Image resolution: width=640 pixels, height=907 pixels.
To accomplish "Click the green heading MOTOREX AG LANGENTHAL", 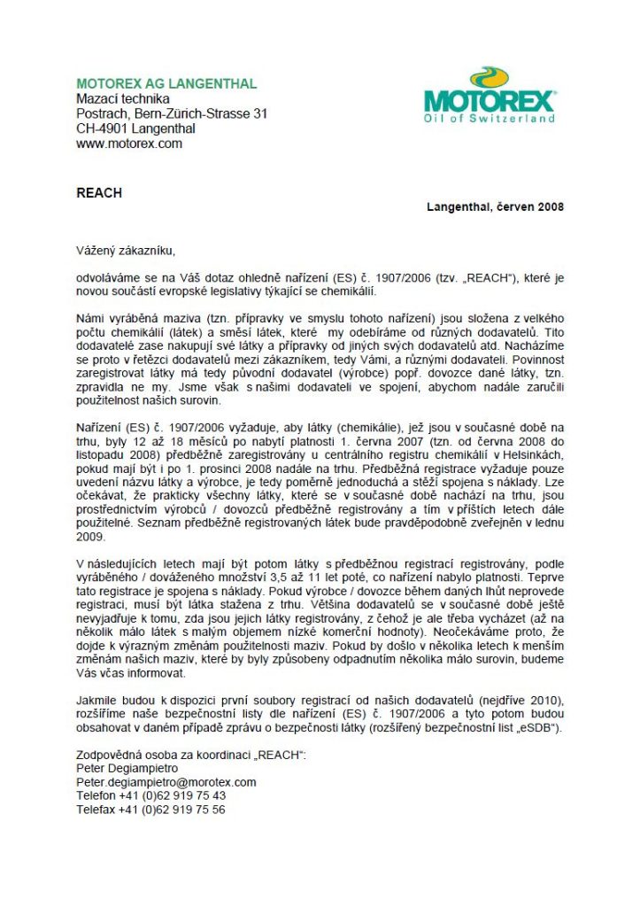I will (x=166, y=84).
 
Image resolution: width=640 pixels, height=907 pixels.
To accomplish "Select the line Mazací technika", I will (x=123, y=99).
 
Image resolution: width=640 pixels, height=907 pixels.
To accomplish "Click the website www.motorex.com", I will (x=129, y=143).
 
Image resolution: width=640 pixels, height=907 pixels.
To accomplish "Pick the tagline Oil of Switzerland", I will (x=490, y=118).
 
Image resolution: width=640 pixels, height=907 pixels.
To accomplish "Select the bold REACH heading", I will (x=98, y=192).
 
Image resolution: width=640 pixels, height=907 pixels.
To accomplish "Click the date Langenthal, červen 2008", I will (x=495, y=207).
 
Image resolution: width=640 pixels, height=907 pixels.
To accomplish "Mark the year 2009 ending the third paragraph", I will (x=90, y=537).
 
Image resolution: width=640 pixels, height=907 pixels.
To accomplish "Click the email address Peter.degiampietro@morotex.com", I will (x=166, y=782).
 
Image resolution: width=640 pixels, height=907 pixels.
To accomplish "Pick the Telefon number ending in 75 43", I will (x=150, y=796).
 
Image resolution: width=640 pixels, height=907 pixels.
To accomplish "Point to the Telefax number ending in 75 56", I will (x=150, y=810).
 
